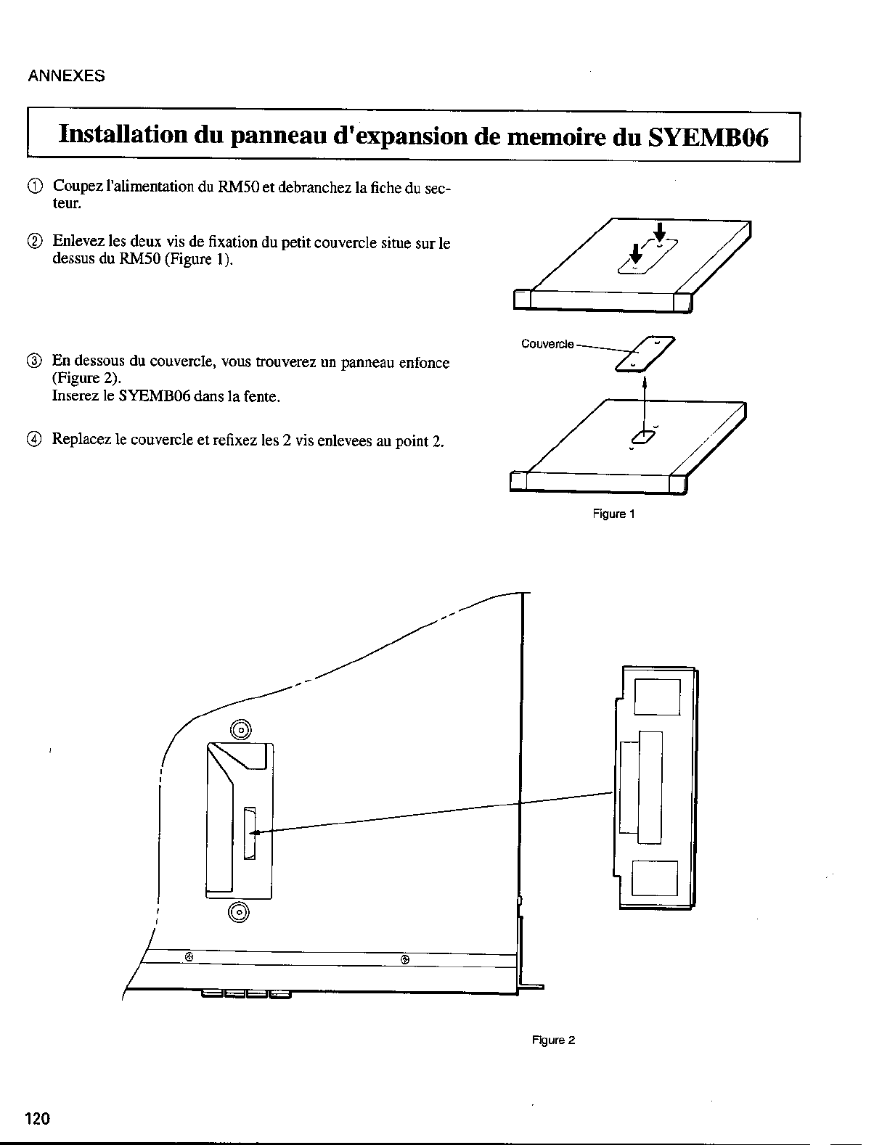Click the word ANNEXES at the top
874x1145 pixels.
(x=66, y=75)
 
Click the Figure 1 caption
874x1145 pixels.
(x=613, y=514)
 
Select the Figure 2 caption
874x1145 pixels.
(x=553, y=1040)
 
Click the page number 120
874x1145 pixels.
(x=38, y=1119)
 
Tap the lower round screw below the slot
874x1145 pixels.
(x=239, y=911)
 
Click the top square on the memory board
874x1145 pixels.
(x=657, y=697)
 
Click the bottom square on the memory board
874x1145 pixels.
(x=654, y=878)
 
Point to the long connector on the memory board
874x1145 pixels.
(x=650, y=787)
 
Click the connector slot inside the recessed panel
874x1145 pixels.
(x=250, y=833)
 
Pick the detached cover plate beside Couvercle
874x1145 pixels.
(x=645, y=355)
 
